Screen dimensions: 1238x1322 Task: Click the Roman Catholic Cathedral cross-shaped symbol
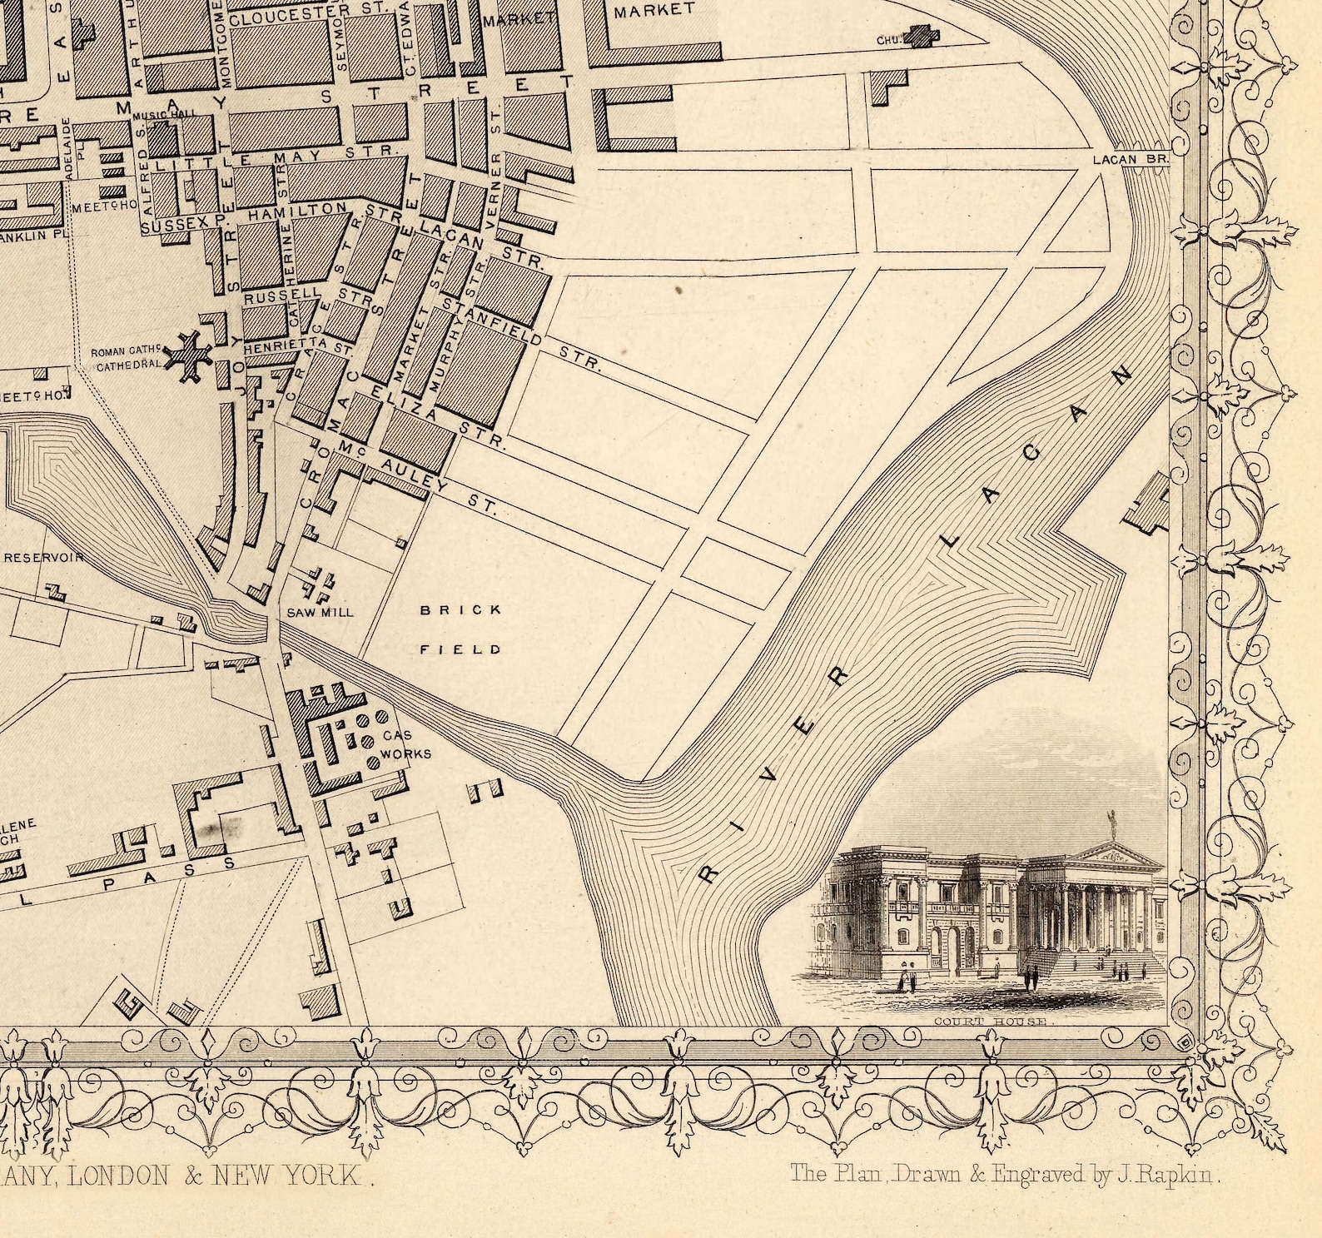(x=188, y=357)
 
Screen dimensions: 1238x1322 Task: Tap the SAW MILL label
(x=321, y=612)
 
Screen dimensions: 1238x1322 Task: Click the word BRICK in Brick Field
(x=461, y=610)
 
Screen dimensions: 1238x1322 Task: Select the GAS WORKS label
(x=406, y=745)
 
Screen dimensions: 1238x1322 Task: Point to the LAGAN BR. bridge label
(x=1131, y=158)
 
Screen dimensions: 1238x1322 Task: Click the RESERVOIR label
(x=43, y=557)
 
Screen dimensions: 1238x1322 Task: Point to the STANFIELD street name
(x=492, y=322)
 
